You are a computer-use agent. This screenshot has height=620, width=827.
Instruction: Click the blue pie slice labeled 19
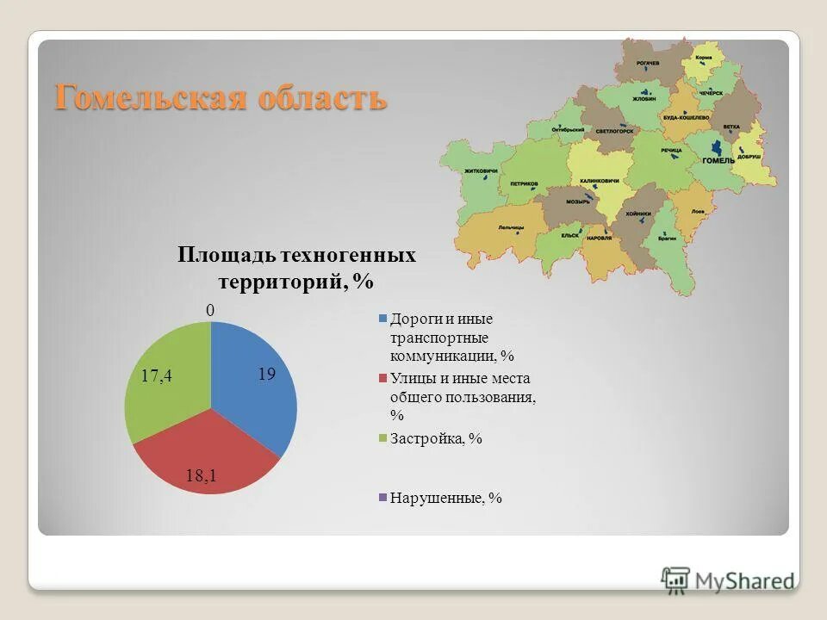pos(254,379)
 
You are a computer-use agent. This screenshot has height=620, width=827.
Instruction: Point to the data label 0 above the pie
pos(209,309)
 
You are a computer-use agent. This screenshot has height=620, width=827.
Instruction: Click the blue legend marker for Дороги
pos(382,319)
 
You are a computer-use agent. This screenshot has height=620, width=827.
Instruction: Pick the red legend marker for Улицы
pos(382,378)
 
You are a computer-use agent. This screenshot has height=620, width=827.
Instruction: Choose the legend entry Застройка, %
pos(436,438)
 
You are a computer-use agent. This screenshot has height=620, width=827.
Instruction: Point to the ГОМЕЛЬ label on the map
pos(718,160)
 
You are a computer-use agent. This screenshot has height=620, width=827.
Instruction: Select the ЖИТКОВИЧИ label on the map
pos(481,170)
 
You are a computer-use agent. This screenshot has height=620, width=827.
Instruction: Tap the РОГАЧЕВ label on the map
pos(649,63)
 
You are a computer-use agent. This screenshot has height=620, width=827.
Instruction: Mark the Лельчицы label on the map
pos(510,226)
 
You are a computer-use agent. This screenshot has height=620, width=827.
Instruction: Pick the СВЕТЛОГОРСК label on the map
pos(613,131)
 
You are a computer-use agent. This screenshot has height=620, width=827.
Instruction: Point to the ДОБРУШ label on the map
pos(749,158)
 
